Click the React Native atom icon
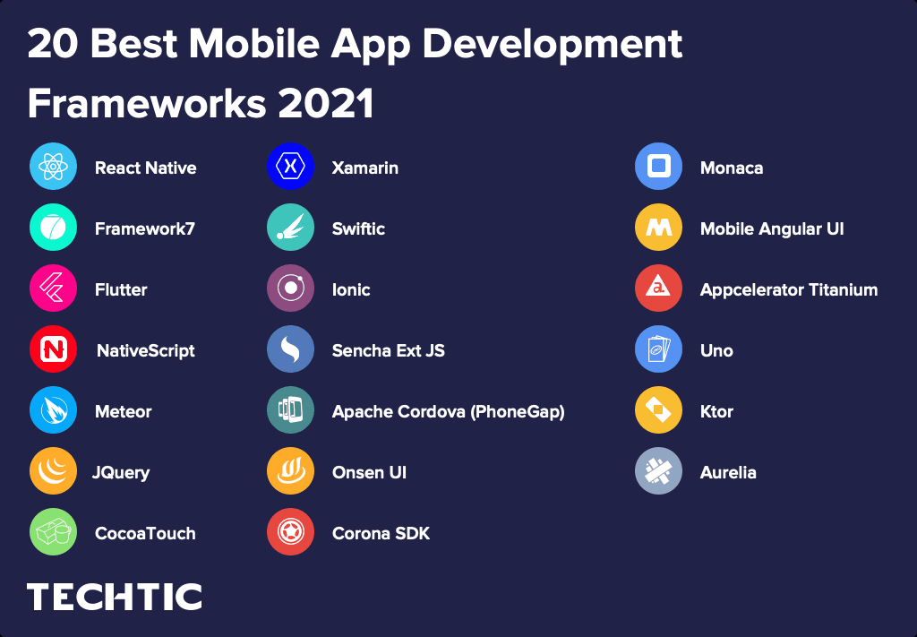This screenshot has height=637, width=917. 53,167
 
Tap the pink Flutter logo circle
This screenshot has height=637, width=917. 53,288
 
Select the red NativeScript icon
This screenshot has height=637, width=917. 53,349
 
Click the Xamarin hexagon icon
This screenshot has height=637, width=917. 290,167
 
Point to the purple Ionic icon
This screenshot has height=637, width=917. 290,288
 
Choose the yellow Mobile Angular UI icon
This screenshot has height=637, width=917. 658,228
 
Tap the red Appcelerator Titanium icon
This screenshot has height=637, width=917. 658,288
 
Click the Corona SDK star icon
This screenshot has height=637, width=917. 290,532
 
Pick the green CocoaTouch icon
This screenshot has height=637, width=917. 53,532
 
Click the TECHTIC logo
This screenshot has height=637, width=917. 115,597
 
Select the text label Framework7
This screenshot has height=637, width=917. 145,228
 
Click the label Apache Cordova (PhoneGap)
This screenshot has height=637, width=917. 448,411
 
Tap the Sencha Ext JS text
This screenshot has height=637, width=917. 388,350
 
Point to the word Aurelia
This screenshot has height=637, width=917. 728,472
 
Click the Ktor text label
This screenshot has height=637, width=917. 716,411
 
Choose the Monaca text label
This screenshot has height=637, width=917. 732,168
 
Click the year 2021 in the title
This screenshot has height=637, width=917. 326,104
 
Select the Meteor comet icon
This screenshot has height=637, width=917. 53,410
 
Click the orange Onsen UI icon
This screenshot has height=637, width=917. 290,471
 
